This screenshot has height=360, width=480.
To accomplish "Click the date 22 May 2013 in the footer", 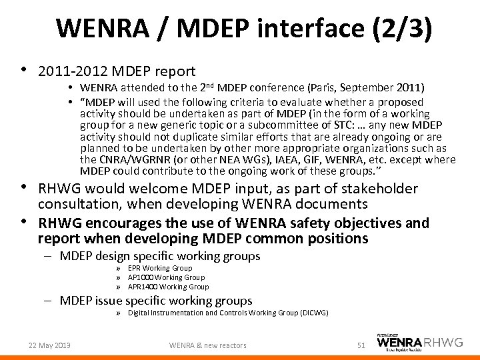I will coord(50,345).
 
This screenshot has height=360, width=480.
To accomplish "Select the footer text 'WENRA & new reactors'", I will coord(207,345).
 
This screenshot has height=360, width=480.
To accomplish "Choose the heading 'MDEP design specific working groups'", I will coord(160,256).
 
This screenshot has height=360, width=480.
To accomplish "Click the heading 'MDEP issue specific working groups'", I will coord(156,301).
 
